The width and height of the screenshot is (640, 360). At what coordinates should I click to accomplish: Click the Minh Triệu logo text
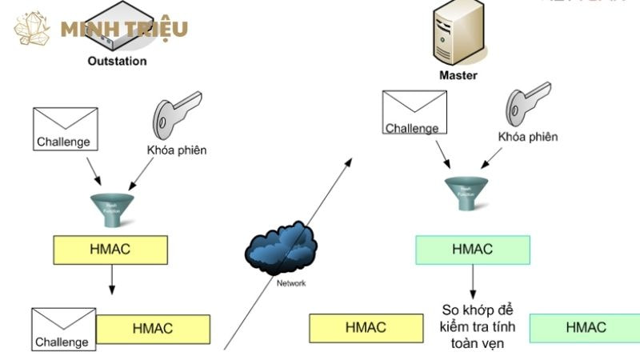tap(124, 30)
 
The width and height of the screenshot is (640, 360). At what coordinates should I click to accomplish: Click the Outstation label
tap(117, 61)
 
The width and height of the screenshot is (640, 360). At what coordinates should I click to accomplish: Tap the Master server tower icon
tap(458, 32)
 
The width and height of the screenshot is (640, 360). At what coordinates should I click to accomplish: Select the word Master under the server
tap(458, 76)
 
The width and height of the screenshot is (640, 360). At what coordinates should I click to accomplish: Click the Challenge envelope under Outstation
tap(65, 129)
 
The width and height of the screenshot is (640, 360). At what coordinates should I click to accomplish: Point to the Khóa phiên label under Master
tap(527, 137)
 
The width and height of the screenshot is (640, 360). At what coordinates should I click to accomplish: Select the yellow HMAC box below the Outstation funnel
tap(110, 250)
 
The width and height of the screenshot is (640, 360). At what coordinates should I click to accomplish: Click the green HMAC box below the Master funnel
tap(472, 250)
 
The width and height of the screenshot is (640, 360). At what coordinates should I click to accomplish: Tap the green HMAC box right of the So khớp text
tap(585, 327)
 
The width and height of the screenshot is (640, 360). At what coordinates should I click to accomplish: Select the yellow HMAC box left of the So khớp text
tap(366, 327)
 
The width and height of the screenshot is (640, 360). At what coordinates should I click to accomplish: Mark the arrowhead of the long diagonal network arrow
tap(349, 161)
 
